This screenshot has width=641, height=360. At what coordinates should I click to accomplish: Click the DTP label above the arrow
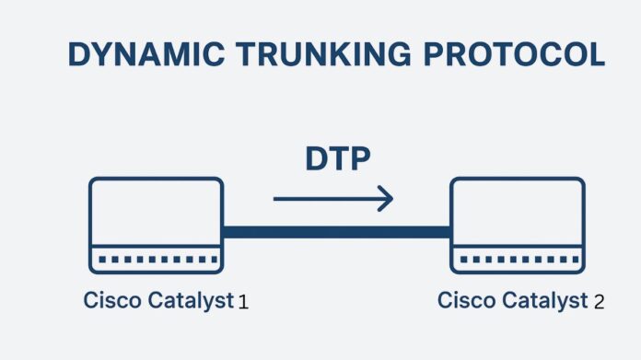(337, 158)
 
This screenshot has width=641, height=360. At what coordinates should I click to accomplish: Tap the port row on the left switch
(156, 259)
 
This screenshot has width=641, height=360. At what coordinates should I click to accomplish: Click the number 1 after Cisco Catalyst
(243, 302)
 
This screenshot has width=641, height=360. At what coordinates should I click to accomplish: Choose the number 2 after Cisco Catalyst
(599, 302)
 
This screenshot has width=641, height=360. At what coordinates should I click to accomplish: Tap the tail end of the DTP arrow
(276, 197)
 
